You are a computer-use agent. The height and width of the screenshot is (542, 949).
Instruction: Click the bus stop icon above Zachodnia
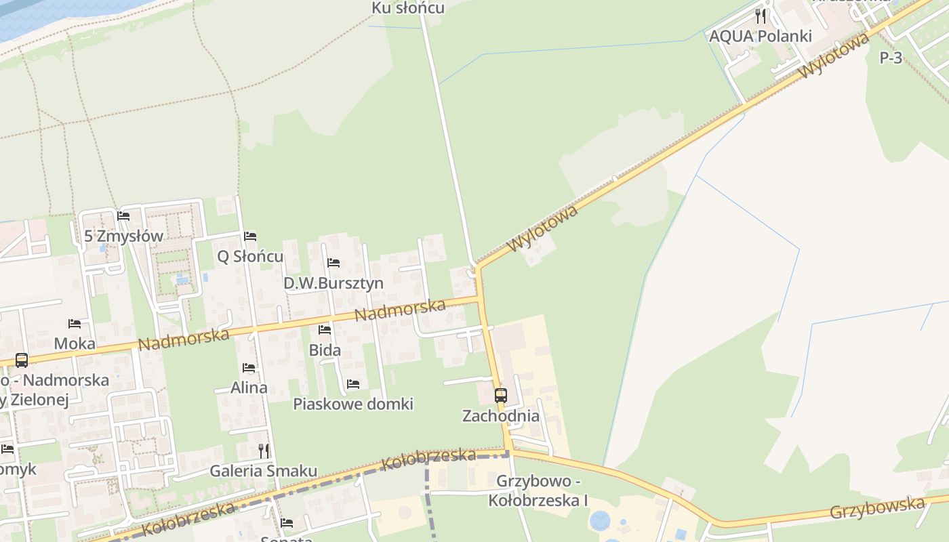tap(501, 396)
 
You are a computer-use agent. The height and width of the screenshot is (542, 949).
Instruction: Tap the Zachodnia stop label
tap(501, 416)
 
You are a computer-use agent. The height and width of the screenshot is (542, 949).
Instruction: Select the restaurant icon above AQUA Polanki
tap(761, 16)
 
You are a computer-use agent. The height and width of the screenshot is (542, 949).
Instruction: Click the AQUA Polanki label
tap(760, 36)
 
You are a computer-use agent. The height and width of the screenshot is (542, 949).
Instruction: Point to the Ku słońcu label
tap(408, 8)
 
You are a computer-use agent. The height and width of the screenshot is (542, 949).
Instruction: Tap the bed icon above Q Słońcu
tap(250, 236)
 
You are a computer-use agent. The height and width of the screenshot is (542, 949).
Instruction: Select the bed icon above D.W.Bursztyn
tap(334, 263)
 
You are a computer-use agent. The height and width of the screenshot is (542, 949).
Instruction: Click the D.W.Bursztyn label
tap(334, 283)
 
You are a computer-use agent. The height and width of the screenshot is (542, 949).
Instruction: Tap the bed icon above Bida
tap(325, 330)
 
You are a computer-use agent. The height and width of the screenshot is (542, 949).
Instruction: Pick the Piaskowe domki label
tap(353, 404)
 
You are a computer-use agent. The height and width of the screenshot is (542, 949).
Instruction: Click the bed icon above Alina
tap(249, 368)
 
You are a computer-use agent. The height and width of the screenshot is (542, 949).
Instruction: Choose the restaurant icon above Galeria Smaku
tap(264, 451)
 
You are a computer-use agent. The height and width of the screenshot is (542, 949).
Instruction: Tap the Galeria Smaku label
tap(263, 471)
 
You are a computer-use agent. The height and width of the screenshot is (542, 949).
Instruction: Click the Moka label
tap(75, 343)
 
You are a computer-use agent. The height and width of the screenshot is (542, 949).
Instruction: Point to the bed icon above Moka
tap(75, 324)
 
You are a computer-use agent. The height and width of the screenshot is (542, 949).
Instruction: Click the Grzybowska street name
tap(877, 507)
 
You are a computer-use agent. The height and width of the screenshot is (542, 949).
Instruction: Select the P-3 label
tap(891, 58)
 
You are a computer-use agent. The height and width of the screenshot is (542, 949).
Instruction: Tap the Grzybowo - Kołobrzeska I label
tap(538, 491)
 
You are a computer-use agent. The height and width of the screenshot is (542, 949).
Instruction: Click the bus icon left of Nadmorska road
tap(22, 360)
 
